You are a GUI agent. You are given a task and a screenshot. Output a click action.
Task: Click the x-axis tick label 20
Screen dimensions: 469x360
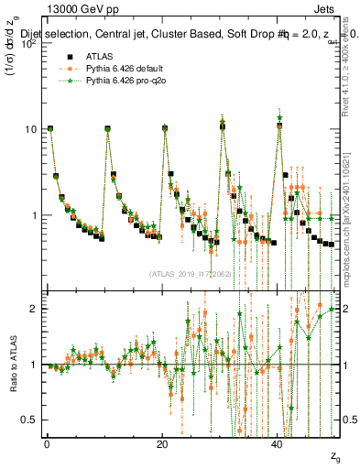pyautogui.click(x=162, y=444)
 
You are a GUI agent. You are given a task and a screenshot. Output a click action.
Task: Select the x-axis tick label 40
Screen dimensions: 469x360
pyautogui.click(x=278, y=444)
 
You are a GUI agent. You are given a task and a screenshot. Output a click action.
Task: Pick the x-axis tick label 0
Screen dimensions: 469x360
pyautogui.click(x=47, y=444)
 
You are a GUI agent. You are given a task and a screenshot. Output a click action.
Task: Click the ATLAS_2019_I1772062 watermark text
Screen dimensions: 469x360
pyautogui.click(x=190, y=273)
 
